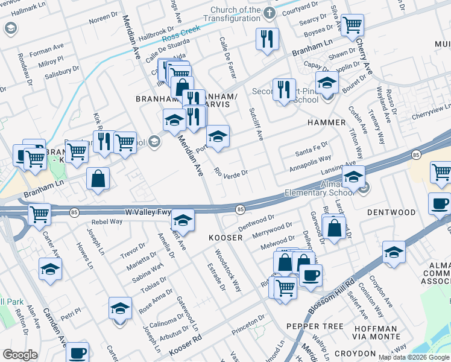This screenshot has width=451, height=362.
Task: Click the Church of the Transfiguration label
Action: click(235, 14)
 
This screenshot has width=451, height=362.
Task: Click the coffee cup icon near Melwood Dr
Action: click(311, 275)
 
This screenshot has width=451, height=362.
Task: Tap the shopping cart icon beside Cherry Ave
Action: click(352, 25)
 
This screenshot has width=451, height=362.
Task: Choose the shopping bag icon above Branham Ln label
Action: click(98, 179)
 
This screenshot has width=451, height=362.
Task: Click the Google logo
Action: click(20, 355)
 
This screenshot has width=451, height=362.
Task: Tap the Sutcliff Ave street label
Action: click(256, 124)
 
